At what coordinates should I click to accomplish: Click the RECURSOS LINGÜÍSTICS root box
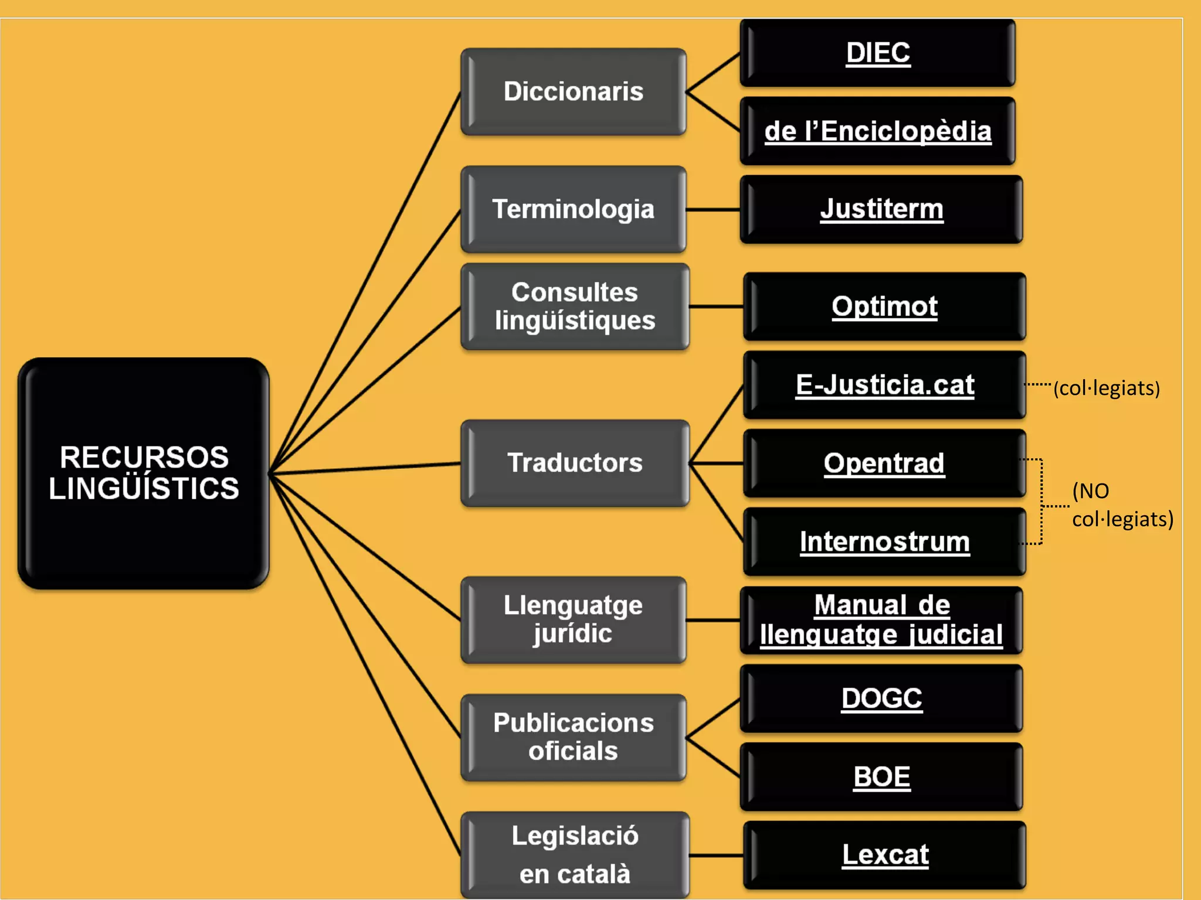(x=144, y=473)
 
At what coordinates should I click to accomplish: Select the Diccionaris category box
(x=574, y=92)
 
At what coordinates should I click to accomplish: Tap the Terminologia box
(x=574, y=209)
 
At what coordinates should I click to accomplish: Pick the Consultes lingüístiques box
(x=575, y=306)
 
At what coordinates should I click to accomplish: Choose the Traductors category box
(x=575, y=463)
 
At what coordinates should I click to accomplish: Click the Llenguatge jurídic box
(x=574, y=619)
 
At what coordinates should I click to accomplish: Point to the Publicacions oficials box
(x=574, y=737)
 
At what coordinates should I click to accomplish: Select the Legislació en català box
(x=575, y=854)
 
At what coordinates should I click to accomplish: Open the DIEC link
(x=878, y=53)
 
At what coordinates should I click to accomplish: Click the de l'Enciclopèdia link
(x=878, y=131)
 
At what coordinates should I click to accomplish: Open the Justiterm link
(x=881, y=209)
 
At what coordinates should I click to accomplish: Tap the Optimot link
(x=884, y=306)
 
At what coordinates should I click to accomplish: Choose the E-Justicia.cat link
(x=884, y=385)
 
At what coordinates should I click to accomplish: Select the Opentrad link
(x=884, y=463)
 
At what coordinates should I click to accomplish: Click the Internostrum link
(x=884, y=541)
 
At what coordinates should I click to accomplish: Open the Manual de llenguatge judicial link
(x=881, y=620)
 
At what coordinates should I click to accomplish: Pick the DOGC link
(x=881, y=698)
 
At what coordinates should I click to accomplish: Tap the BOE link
(x=881, y=777)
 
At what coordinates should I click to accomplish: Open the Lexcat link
(x=885, y=855)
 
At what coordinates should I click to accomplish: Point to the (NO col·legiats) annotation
(x=1122, y=505)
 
